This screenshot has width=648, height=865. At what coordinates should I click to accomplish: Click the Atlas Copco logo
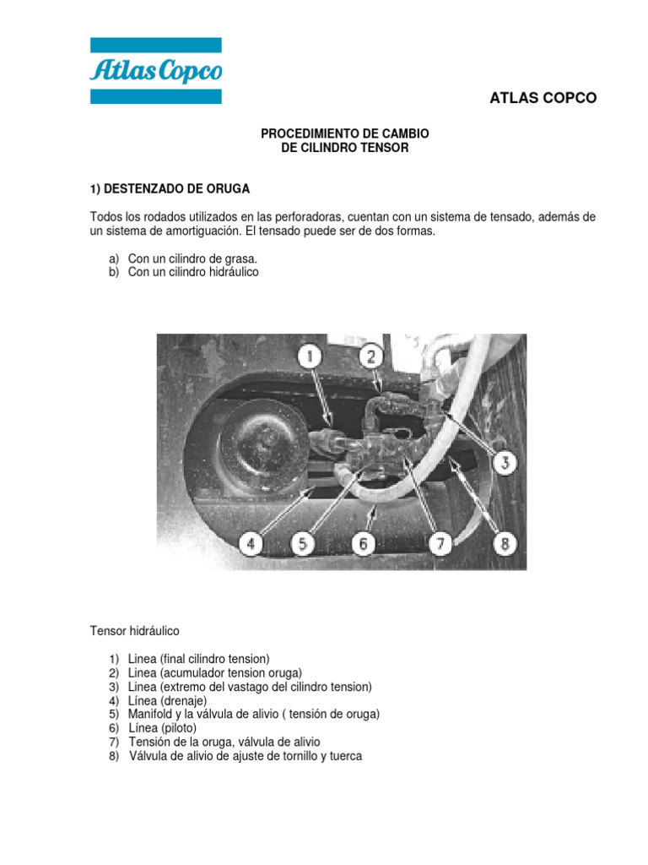click(156, 71)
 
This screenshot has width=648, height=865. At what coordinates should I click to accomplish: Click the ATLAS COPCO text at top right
click(543, 98)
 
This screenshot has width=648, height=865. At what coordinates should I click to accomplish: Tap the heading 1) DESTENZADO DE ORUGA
click(170, 188)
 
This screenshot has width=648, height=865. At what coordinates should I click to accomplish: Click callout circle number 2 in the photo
click(370, 356)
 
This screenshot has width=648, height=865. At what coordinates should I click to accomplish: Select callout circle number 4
click(250, 545)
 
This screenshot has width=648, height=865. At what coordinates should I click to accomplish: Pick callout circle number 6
click(364, 545)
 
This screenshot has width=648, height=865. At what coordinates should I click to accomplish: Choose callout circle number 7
click(439, 545)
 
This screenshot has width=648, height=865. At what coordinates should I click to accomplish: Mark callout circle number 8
click(505, 545)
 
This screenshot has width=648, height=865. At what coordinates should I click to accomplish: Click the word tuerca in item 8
click(344, 756)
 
